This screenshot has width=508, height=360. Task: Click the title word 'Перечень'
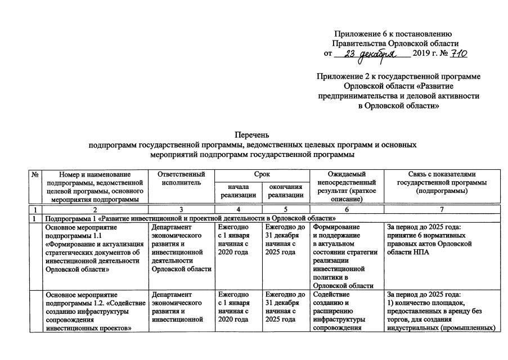point(253,134)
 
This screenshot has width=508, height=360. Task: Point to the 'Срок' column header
point(262,174)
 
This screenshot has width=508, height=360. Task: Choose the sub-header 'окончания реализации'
point(285,191)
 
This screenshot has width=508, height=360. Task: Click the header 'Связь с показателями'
point(440,174)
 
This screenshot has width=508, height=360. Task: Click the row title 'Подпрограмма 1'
point(191,218)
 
